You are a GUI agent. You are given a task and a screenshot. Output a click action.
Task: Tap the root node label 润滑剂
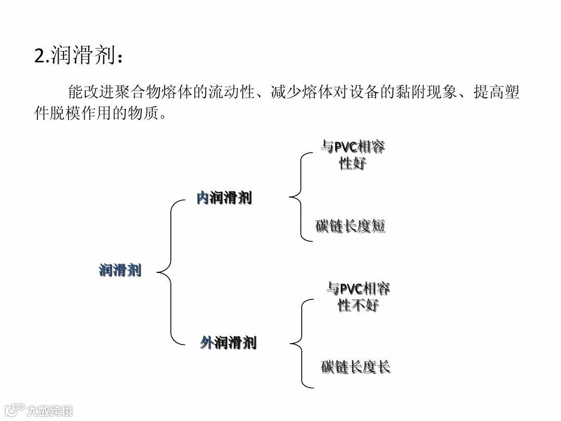tap(120, 270)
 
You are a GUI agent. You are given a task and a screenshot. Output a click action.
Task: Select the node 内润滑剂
tap(224, 198)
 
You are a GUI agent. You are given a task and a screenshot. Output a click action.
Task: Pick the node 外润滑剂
tap(228, 343)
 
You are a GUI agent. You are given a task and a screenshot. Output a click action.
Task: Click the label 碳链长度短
tap(350, 226)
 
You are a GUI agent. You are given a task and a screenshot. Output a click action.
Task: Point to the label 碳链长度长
tap(355, 367)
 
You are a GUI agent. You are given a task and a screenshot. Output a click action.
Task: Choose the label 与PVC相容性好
tap(353, 155)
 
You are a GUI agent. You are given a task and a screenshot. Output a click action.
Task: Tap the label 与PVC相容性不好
tap(358, 296)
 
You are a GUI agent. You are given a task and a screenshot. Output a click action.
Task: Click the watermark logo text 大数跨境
tap(49, 410)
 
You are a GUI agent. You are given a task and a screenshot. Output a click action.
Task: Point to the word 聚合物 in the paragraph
tap(139, 93)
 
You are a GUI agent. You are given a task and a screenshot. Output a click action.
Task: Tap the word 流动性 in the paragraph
tap(232, 93)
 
